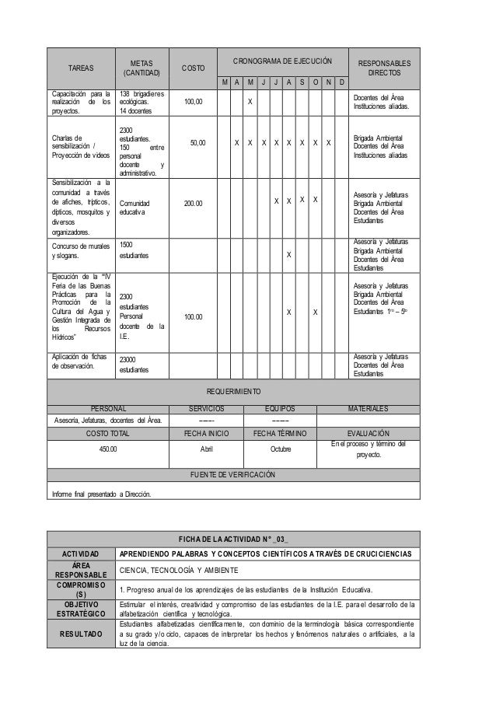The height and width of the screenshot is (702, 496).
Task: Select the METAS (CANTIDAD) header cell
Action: [x=141, y=68]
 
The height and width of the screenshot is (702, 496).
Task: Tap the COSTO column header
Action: [x=194, y=68]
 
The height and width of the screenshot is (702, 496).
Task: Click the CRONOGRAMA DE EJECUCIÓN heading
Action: [x=285, y=60]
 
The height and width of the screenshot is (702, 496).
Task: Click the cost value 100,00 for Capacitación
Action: [x=193, y=101]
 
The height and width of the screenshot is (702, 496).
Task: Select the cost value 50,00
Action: [x=198, y=143]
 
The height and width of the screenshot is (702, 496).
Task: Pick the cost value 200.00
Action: [x=193, y=203]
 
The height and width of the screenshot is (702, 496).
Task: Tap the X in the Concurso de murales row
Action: [x=289, y=255]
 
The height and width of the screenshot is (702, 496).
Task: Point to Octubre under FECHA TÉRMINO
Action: [x=285, y=449]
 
